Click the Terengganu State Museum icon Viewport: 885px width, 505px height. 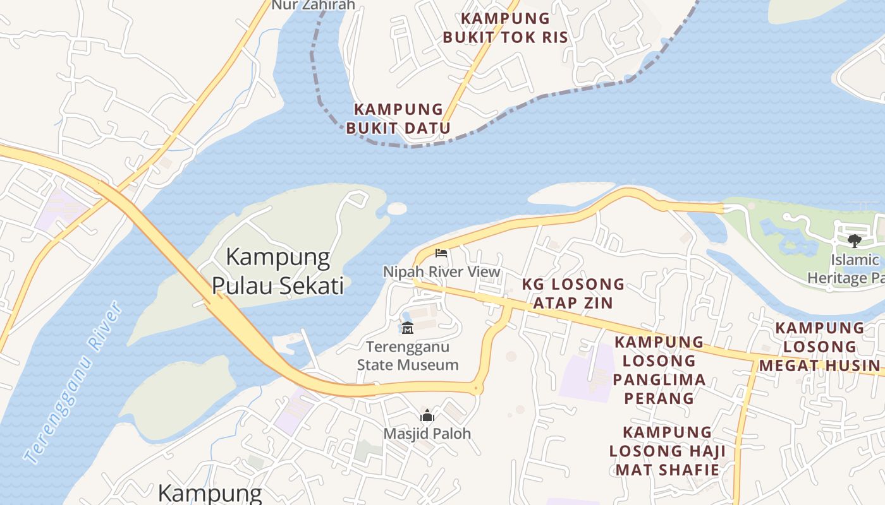coord(408,328)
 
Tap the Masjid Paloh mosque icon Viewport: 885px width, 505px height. coord(427,415)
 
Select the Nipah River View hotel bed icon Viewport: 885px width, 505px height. coord(441,253)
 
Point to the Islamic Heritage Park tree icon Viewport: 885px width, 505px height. coord(854,241)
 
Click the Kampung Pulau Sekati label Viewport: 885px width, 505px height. coord(278,271)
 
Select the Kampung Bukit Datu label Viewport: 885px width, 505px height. coord(398,119)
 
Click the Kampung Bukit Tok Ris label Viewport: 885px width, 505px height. coord(505,28)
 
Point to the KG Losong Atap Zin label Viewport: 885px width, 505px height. coord(573,294)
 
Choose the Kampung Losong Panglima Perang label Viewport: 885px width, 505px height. coord(659,370)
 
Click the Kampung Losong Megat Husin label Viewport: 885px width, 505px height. coord(819,347)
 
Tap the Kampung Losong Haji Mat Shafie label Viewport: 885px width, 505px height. coord(668,451)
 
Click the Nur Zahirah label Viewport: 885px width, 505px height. coord(313,5)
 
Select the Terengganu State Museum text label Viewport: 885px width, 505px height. coord(408,355)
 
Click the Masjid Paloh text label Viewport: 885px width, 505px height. coord(427,434)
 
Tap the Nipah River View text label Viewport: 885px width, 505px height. coord(441,272)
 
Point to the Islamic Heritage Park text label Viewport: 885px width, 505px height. coord(847,269)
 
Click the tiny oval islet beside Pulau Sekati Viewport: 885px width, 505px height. coord(397,208)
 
